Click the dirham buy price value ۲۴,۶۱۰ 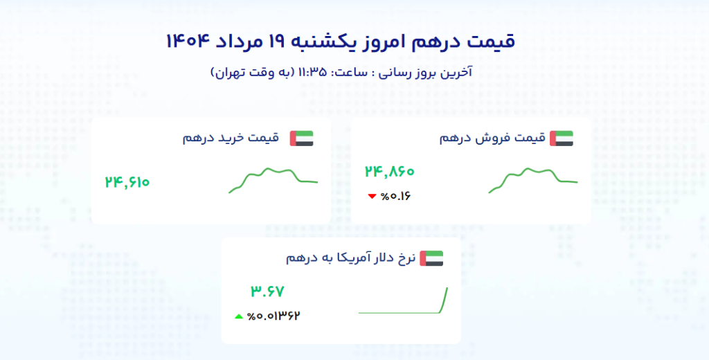127,182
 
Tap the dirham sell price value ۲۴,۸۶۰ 389,172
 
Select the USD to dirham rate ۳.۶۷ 267,291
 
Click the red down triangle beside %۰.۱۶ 372,197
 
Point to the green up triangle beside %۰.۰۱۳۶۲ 239,316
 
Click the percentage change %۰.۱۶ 395,197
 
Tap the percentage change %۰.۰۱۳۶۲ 273,316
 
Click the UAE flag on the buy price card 302,138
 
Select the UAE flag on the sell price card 562,138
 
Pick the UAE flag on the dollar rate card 431,258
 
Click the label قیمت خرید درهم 231,138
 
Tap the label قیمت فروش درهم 492,138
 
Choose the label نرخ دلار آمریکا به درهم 350,258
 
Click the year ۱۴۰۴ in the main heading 188,42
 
